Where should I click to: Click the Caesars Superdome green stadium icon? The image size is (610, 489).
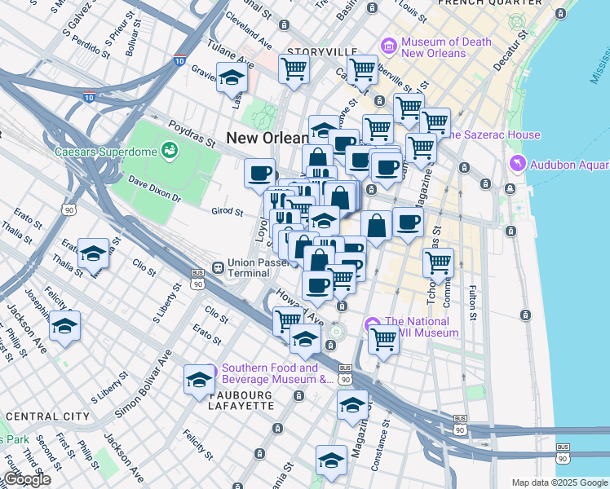170,150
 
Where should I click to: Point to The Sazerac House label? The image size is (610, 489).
495,134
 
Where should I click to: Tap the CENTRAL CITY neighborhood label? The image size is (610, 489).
47,416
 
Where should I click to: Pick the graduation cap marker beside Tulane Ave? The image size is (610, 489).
232,77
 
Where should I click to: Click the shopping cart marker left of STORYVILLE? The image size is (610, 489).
294,68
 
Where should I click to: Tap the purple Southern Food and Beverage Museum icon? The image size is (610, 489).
210,368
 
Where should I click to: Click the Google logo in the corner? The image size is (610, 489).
26,479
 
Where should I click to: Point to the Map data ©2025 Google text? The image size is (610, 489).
559,482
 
